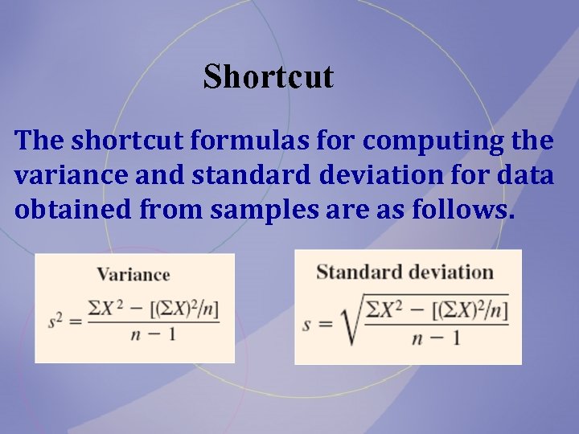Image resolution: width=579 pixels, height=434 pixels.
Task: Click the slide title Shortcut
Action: tap(268, 77)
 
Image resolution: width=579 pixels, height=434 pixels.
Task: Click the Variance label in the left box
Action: tap(133, 274)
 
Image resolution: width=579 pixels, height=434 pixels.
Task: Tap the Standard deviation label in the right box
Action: tap(404, 272)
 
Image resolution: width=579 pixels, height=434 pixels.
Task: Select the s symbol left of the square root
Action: tap(306, 325)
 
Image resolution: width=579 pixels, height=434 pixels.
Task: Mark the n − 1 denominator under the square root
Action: tap(435, 338)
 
